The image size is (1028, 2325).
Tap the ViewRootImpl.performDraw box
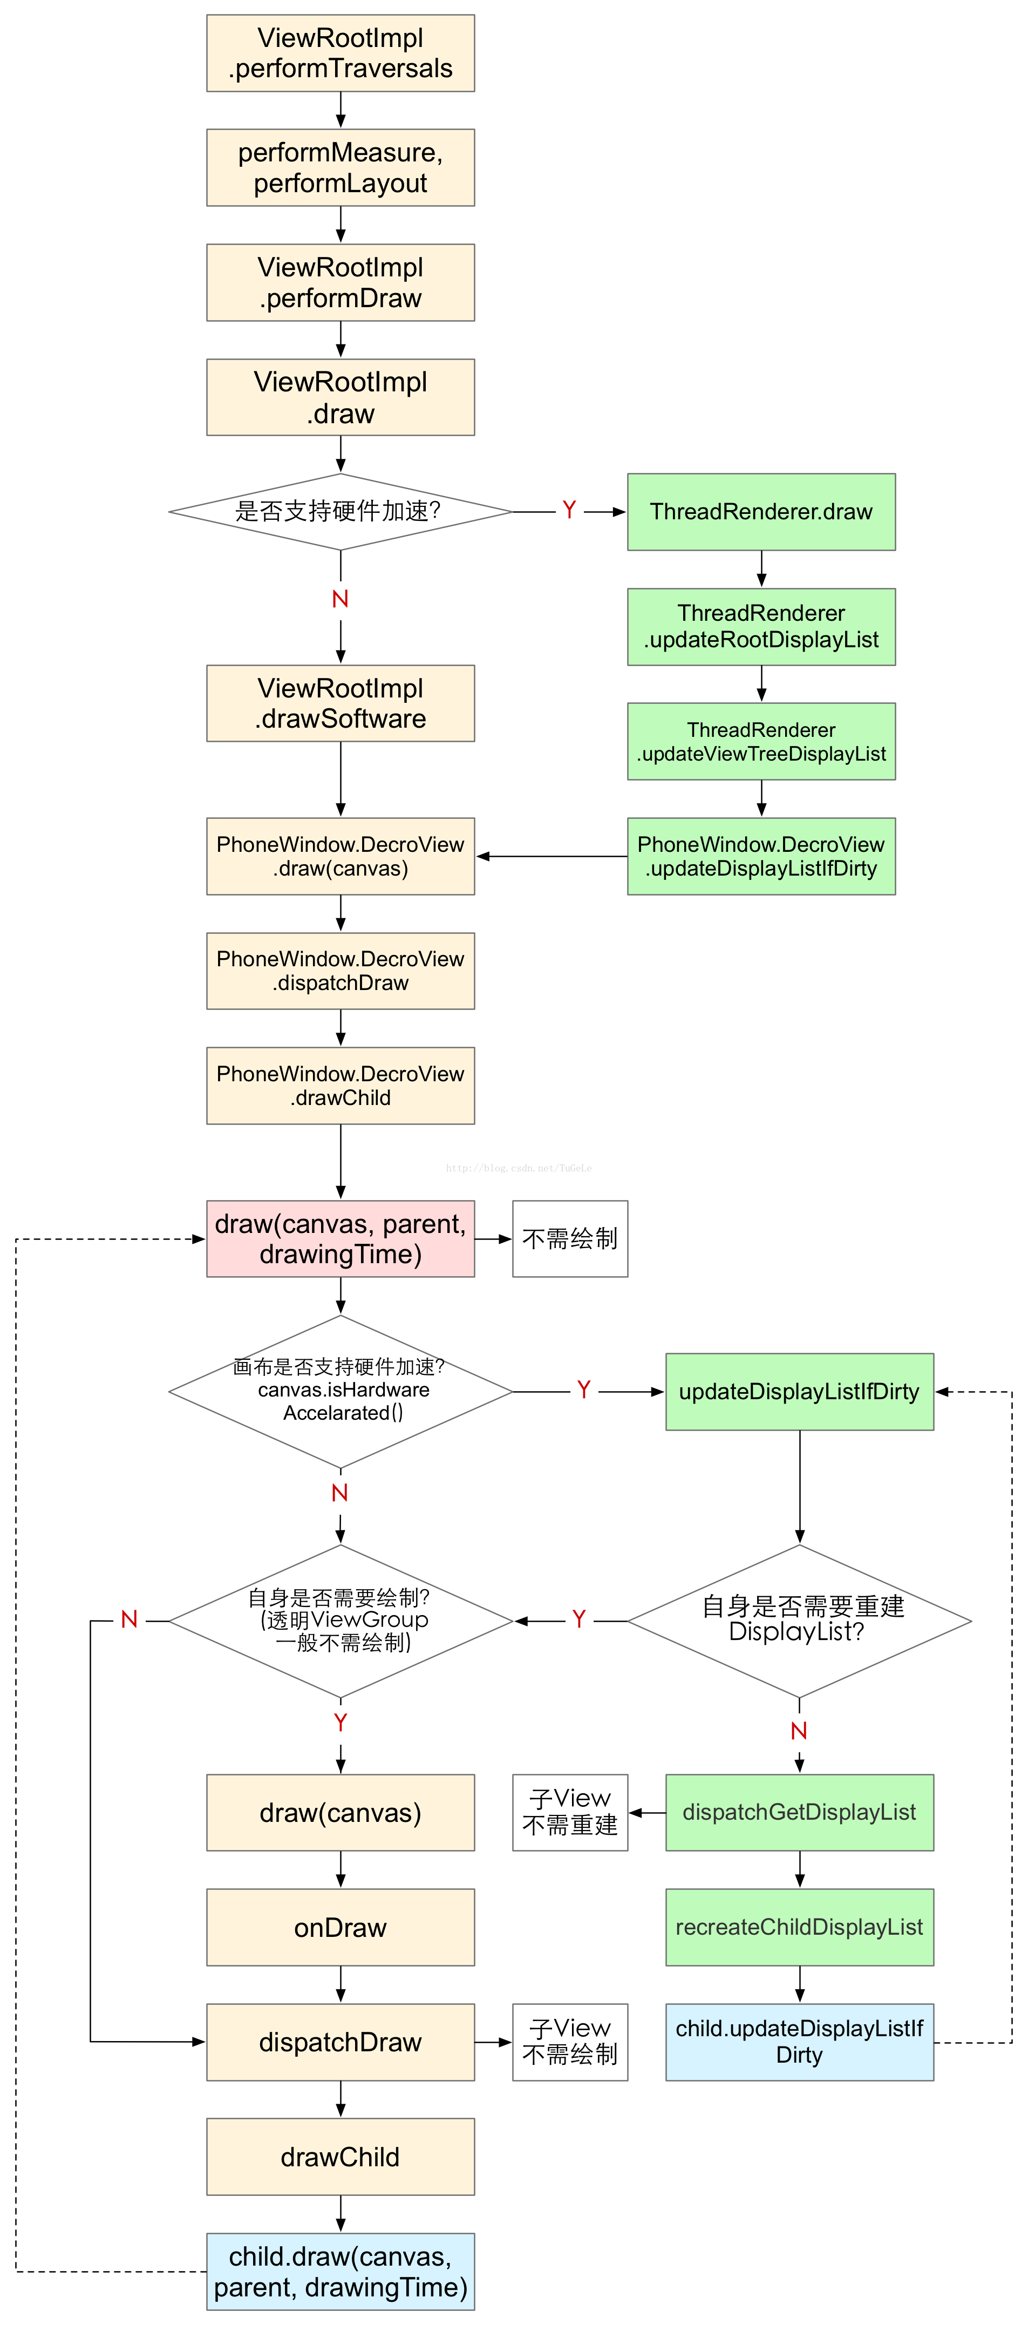[341, 282]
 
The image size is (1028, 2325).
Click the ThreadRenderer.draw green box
[761, 512]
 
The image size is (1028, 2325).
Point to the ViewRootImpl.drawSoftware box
[341, 703]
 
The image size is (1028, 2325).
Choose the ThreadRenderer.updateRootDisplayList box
[761, 626]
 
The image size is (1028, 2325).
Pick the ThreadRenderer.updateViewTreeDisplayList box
[761, 741]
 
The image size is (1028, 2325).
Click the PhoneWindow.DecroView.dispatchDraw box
[341, 970]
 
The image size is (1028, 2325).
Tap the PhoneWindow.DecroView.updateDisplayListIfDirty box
[761, 856]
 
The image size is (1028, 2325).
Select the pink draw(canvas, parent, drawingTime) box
[341, 1238]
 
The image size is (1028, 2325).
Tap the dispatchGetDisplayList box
[799, 1812]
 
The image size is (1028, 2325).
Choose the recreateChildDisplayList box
[799, 1927]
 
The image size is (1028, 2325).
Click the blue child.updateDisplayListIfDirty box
[799, 2042]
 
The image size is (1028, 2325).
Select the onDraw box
[341, 1927]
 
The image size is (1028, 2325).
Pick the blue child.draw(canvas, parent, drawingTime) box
[341, 2271]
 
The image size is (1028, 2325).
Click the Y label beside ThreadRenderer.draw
[569, 511]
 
